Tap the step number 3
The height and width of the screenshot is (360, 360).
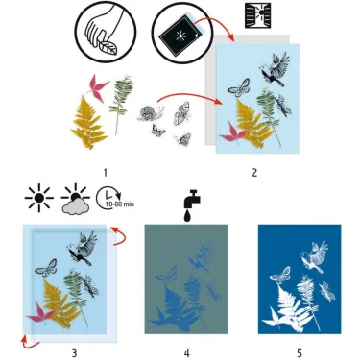click(x=73, y=352)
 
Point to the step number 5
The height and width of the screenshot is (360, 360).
click(x=299, y=352)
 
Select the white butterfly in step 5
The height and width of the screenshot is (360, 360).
click(x=280, y=275)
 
